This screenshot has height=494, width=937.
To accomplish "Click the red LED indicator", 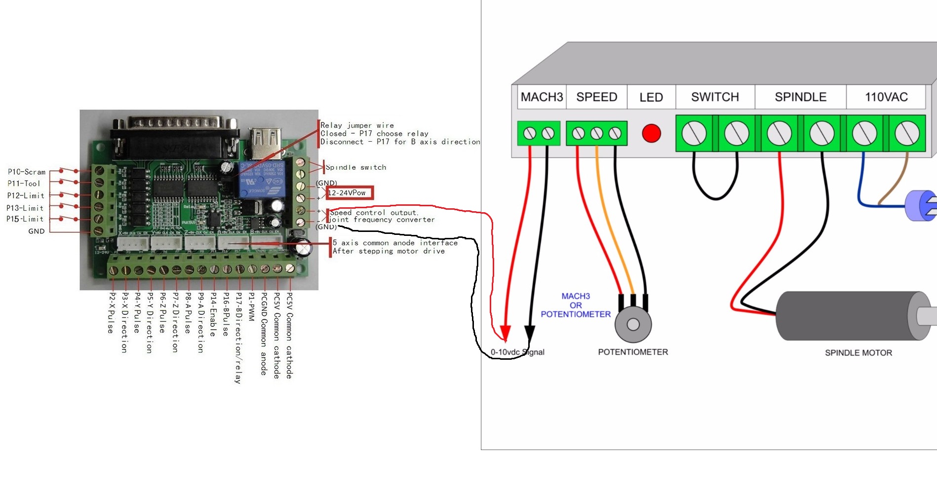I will tap(651, 133).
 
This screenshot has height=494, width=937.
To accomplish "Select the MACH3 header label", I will tap(542, 97).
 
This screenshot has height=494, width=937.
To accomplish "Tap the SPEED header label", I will tap(596, 97).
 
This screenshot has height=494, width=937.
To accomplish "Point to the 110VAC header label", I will tap(886, 97).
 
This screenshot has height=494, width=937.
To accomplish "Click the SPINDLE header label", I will tap(800, 97).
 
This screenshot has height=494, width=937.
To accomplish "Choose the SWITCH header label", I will tap(715, 97).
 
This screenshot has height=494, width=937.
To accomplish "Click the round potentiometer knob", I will tap(633, 324).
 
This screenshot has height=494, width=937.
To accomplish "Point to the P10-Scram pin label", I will tap(27, 172).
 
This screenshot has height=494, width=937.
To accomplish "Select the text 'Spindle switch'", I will tap(356, 167).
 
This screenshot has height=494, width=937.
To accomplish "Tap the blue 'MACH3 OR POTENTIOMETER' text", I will tap(576, 305).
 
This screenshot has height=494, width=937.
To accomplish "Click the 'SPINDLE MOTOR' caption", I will tap(858, 353).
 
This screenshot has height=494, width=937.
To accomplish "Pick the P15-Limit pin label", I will tap(25, 219).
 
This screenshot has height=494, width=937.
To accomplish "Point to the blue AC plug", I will tap(921, 205).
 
